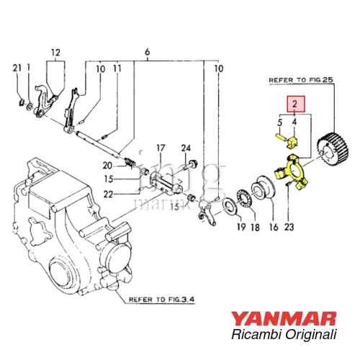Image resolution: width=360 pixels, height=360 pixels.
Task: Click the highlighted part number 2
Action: click(x=294, y=104)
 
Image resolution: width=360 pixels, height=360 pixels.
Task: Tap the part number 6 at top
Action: click(x=148, y=52)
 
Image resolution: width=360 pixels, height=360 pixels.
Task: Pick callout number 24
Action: click(x=186, y=148)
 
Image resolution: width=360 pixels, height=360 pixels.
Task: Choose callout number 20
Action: click(x=107, y=165)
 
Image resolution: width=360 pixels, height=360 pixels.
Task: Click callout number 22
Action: click(x=107, y=194)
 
